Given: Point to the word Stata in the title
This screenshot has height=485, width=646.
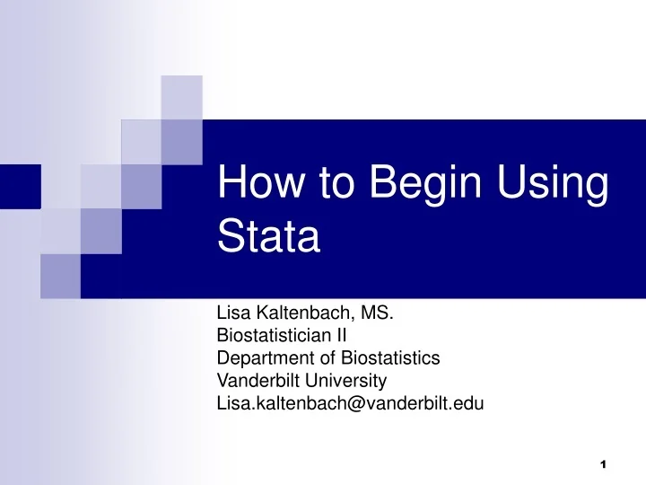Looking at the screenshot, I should (x=269, y=240).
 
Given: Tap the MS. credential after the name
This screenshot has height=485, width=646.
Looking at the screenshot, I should (x=375, y=315).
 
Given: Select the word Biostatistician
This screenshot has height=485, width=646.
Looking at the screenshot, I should (x=274, y=337).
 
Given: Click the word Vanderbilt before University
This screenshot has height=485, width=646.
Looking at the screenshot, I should (x=255, y=381).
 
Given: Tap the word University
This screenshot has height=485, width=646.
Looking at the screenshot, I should (x=342, y=381).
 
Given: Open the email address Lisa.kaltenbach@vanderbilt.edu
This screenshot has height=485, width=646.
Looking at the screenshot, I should (x=350, y=403).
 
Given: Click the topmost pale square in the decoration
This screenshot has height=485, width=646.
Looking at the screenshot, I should (x=181, y=97).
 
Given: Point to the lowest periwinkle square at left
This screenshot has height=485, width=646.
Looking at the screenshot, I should (x=60, y=276).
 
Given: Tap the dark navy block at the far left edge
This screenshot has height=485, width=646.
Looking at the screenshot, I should (x=20, y=187).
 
